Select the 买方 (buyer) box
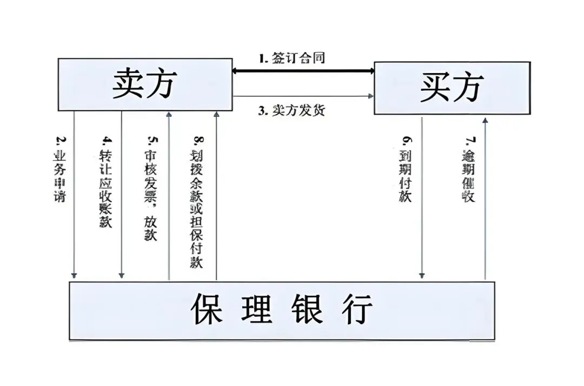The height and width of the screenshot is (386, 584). (452, 88)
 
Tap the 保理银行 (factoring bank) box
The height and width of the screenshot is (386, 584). (282, 310)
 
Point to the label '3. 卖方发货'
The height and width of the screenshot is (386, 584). (291, 110)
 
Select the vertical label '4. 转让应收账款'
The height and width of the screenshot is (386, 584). (106, 181)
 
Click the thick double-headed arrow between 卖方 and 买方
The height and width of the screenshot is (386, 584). (303, 70)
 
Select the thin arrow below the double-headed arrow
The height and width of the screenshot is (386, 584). (303, 96)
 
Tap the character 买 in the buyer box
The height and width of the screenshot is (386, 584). (435, 88)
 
